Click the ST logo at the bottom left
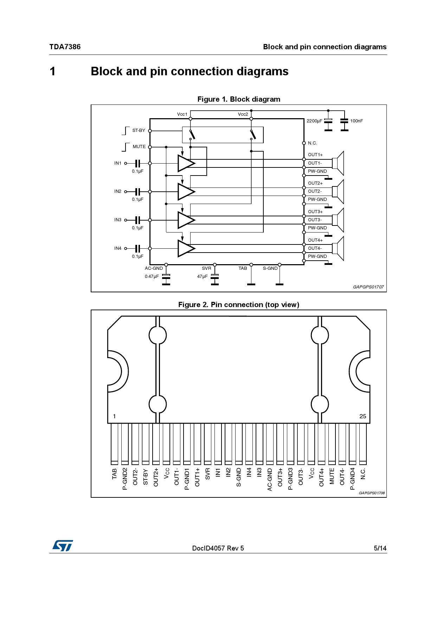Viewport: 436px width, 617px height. point(63,546)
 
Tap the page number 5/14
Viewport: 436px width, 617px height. point(380,548)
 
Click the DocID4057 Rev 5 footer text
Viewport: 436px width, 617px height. point(218,548)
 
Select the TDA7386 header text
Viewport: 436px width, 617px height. point(65,47)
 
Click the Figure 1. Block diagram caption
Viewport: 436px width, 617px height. point(239,99)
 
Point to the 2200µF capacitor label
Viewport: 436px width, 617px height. point(314,121)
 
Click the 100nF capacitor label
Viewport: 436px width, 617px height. point(356,121)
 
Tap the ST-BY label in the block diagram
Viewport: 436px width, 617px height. point(139,131)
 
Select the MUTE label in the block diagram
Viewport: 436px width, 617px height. point(139,147)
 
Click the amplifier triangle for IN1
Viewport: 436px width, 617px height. point(185,163)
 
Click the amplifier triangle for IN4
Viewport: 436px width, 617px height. point(185,248)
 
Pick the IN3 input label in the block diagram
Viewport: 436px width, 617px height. point(117,220)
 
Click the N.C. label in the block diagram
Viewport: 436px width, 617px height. point(312,143)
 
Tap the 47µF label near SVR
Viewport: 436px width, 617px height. point(202,276)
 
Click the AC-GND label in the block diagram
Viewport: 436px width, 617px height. point(154,268)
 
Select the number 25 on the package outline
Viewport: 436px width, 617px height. point(363,416)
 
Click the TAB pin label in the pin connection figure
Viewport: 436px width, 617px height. point(114,474)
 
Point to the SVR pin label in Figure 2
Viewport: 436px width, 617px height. point(207,474)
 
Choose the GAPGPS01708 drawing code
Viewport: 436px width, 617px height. point(371,493)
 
